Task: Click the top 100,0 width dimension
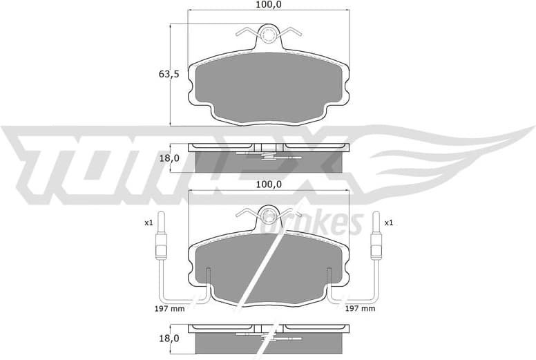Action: pos(269,5)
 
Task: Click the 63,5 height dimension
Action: pos(169,74)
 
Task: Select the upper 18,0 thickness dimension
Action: pos(169,158)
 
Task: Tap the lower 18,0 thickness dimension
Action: pos(169,339)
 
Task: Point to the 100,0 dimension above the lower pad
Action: pos(269,184)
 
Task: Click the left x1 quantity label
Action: pos(148,222)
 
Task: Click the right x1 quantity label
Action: pos(388,222)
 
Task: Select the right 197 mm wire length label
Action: pos(359,309)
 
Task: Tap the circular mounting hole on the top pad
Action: pos(269,34)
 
